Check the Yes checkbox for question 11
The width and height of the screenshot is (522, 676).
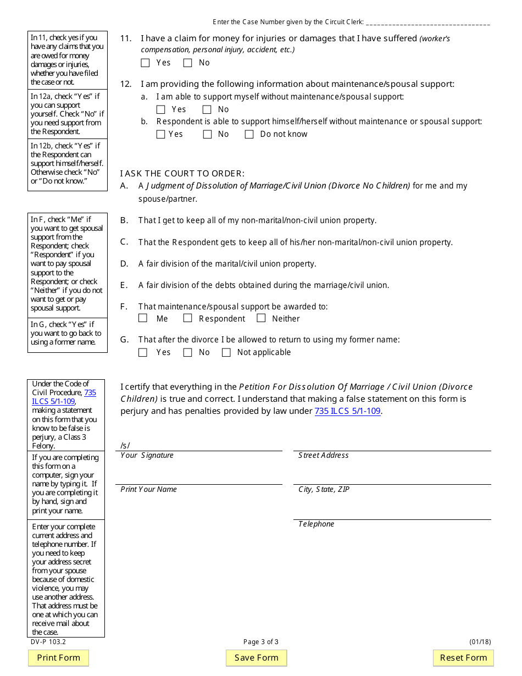click(145, 63)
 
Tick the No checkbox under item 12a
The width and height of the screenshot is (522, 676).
click(207, 109)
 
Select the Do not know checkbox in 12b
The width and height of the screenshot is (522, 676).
click(249, 134)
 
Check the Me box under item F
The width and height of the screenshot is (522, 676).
click(143, 318)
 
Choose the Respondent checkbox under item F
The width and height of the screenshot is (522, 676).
click(187, 318)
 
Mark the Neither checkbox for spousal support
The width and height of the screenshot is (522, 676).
click(261, 318)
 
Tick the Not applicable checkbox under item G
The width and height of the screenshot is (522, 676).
click(226, 352)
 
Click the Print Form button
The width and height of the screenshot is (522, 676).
click(58, 658)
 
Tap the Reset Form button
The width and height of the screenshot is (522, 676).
click(463, 658)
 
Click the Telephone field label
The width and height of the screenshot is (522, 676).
click(316, 524)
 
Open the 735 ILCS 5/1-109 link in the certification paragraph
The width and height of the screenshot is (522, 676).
click(347, 411)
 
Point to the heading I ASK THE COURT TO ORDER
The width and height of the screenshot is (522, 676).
click(182, 174)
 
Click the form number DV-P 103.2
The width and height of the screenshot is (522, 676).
click(48, 642)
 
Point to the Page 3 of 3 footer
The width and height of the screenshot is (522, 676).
click(261, 642)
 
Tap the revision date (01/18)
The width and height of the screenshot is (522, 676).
click(480, 642)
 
